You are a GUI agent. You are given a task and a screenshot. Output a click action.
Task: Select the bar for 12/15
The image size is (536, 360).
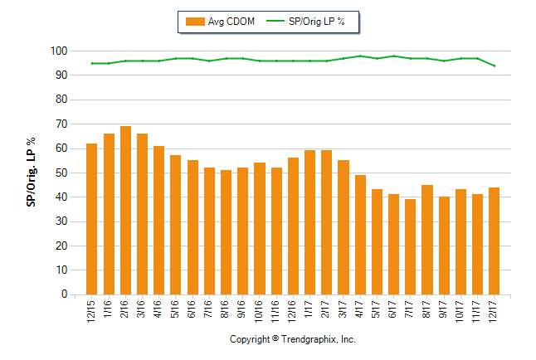[91, 219]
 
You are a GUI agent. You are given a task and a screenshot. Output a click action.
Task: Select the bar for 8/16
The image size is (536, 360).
[226, 232]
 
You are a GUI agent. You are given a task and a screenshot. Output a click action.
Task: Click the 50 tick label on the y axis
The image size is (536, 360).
[61, 173]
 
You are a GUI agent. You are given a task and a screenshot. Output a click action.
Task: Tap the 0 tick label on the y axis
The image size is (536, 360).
[63, 294]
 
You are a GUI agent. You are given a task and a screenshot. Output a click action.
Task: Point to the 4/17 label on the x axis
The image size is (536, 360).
[360, 310]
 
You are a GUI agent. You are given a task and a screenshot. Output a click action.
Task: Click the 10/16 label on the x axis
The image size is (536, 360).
[260, 312]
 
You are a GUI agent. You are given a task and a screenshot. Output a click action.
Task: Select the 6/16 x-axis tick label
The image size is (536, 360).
[192, 310]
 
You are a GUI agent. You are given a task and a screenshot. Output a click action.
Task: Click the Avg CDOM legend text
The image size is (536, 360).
[232, 22]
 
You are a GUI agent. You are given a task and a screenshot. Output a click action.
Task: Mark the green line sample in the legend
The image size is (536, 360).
[275, 22]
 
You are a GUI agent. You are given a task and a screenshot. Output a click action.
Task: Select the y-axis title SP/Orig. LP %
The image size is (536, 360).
[30, 173]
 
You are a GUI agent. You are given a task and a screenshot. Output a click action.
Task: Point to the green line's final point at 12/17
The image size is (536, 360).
[495, 66]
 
